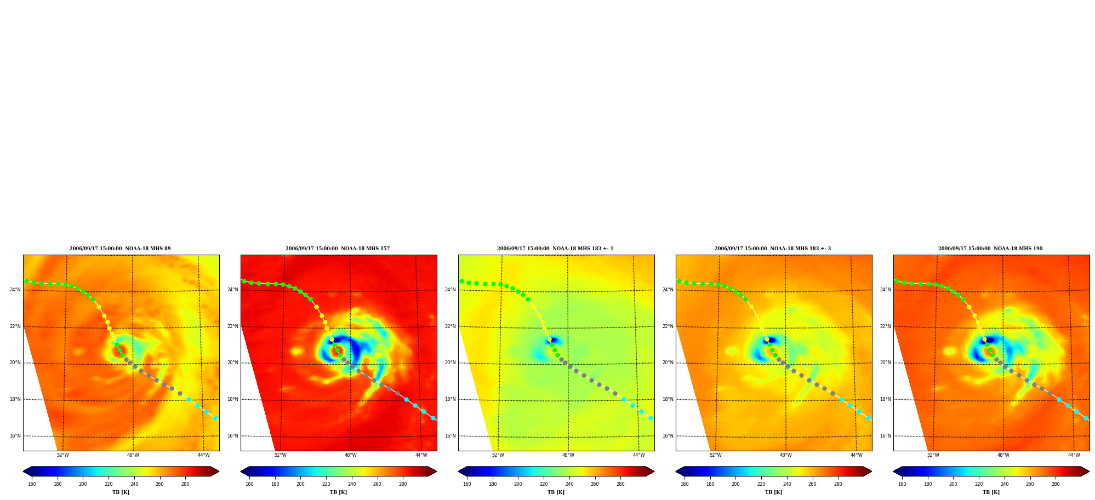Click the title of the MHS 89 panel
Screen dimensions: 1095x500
120,249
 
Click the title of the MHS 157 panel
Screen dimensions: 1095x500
338,249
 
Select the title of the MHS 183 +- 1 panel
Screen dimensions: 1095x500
555,249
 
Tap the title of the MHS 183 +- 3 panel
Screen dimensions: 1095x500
773,249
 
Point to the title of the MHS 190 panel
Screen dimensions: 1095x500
990,249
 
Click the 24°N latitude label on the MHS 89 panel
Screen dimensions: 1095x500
15,290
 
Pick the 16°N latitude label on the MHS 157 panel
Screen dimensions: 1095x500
233,436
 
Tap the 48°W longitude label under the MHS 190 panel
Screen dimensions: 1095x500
1003,455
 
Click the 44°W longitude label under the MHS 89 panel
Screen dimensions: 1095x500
204,455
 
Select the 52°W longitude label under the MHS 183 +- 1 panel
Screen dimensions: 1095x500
498,455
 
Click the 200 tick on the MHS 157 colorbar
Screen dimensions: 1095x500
300,484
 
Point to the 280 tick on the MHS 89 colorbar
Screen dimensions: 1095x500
185,484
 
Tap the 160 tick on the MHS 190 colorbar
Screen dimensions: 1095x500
902,484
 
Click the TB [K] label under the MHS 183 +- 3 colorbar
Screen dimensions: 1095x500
773,492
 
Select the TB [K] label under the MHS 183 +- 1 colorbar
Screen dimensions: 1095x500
556,492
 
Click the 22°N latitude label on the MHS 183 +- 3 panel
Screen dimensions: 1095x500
668,326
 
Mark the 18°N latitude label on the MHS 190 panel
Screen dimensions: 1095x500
886,399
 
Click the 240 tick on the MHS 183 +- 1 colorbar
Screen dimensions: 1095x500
569,484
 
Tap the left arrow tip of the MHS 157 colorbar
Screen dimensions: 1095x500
241,472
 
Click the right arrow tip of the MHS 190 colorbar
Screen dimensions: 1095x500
1089,472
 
